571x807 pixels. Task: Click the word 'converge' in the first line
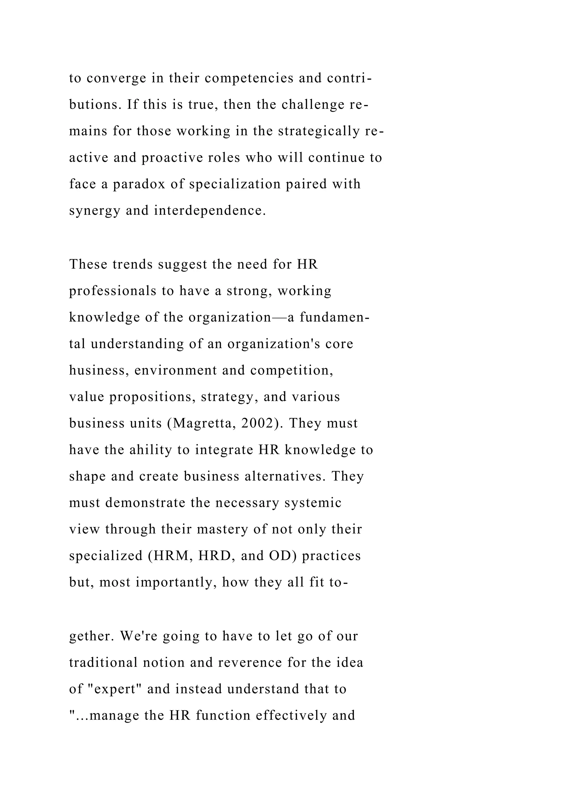(x=116, y=78)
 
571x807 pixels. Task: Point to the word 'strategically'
(x=319, y=131)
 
